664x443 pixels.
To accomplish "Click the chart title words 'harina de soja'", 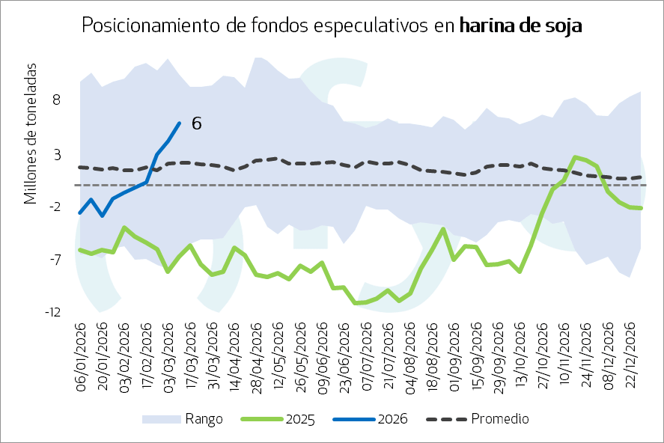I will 520,25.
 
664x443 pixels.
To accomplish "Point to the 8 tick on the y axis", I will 56,100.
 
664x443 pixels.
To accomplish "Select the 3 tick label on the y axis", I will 56,153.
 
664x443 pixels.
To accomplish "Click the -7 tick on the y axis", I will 53,260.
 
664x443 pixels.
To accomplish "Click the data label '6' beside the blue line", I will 196,123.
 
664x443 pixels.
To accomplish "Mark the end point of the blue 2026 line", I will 179,123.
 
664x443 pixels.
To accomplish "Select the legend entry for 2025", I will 299,419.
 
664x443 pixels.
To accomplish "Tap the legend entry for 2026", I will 392,419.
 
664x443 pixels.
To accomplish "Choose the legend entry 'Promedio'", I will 499,419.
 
